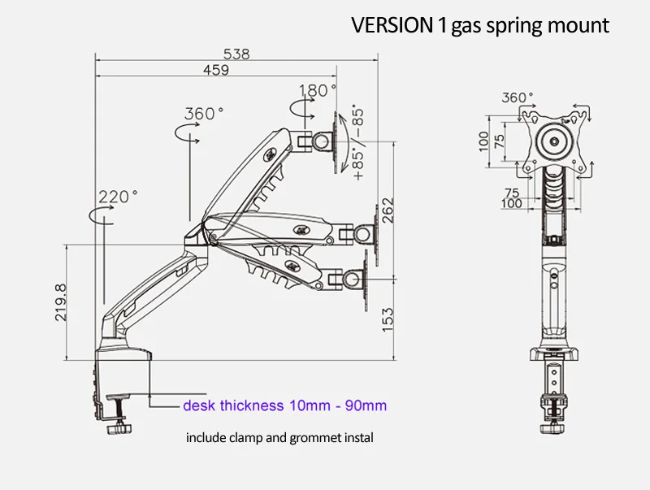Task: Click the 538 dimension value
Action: coord(236,54)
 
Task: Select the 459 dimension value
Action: coord(216,70)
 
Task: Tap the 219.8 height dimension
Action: coord(60,302)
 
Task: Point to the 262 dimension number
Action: coord(388,210)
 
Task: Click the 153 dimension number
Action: coord(388,319)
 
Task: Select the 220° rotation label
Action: coord(118,196)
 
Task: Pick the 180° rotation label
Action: coord(318,90)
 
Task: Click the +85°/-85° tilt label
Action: coord(358,144)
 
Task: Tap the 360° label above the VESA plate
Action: coord(518,98)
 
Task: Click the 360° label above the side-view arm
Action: coord(204,113)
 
